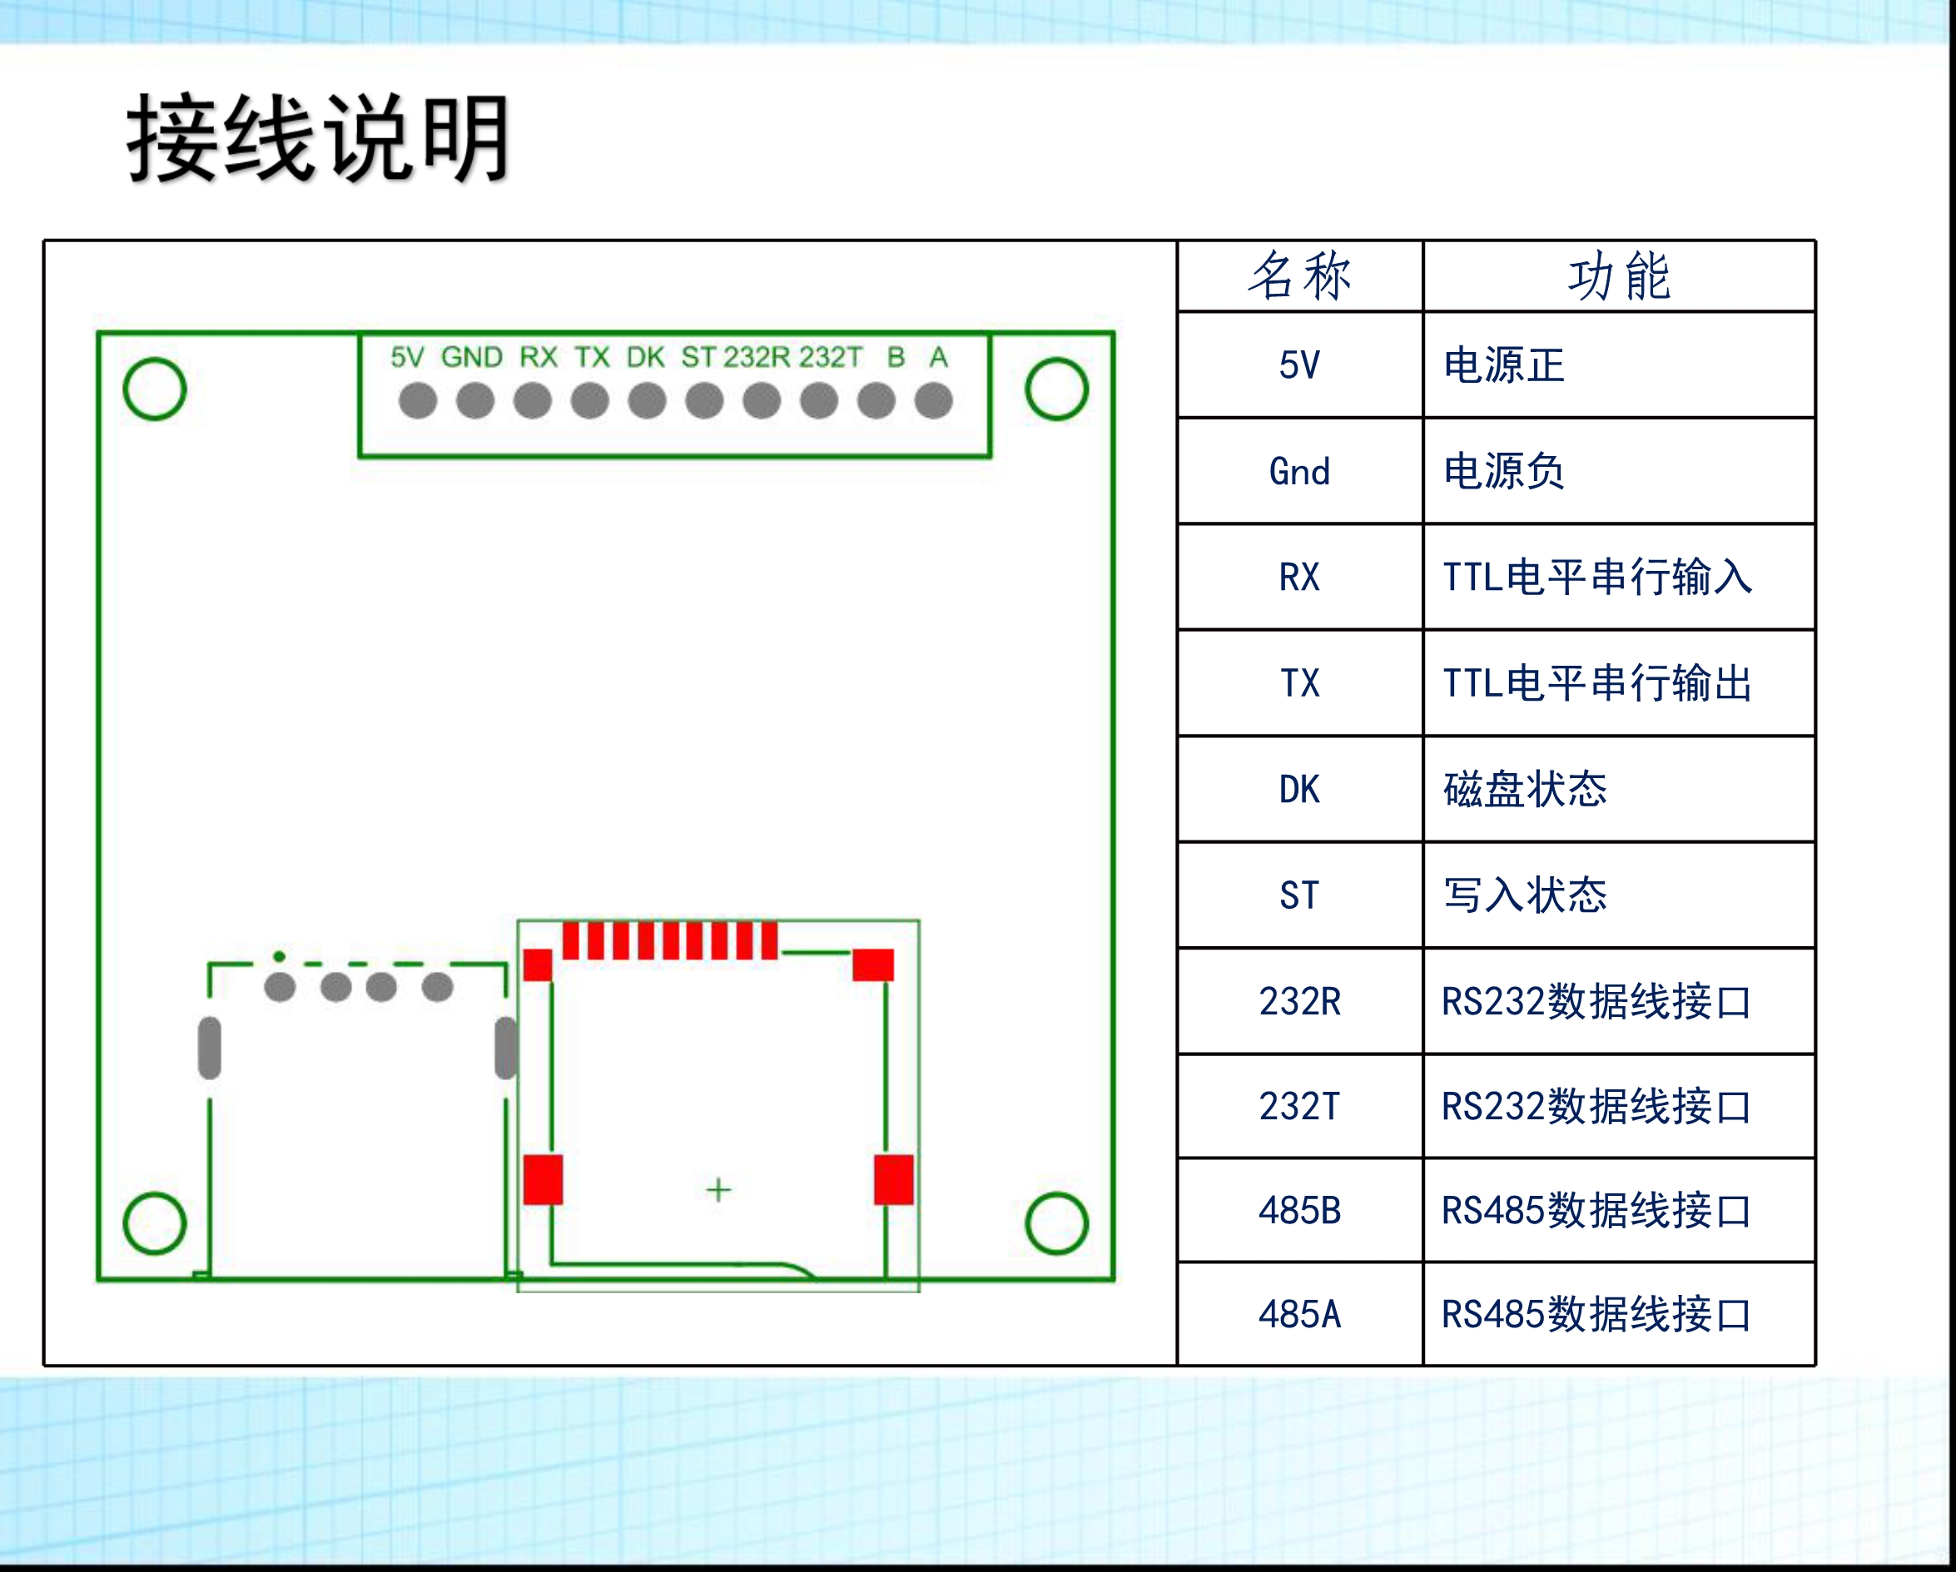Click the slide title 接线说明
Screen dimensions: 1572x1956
317,139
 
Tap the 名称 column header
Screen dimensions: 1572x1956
1299,275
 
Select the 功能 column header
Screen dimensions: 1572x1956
1619,275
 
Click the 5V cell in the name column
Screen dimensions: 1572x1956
1299,364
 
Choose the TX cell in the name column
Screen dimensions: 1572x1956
1299,683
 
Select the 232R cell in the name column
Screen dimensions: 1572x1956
1299,1001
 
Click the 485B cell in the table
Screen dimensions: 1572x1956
1299,1211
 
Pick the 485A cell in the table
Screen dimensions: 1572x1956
1299,1314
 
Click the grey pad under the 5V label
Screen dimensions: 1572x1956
417,400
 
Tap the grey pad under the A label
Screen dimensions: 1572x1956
934,400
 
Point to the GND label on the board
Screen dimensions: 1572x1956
472,357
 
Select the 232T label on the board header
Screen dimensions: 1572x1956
830,357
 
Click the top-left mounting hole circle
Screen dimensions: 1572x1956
154,389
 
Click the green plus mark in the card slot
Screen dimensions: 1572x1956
718,1189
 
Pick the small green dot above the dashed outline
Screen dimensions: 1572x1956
279,956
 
